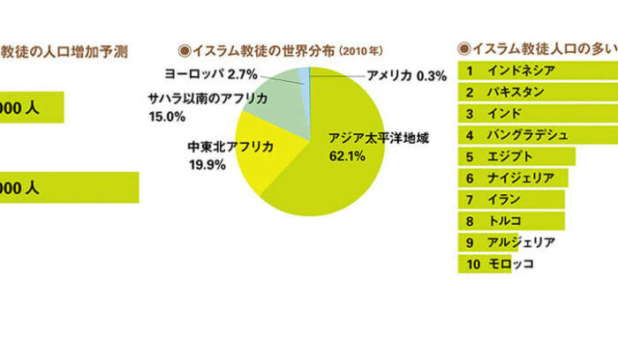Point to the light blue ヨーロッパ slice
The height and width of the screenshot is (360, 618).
pos(304,79)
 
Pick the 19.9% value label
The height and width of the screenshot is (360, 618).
pos(207,162)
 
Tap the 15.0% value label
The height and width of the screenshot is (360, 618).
pos(167,116)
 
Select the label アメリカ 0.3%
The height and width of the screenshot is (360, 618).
pos(406,76)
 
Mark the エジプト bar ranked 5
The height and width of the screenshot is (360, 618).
pos(516,156)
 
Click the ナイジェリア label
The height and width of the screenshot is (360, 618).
pos(521,178)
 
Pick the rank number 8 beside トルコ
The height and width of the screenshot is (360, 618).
pos(471,221)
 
